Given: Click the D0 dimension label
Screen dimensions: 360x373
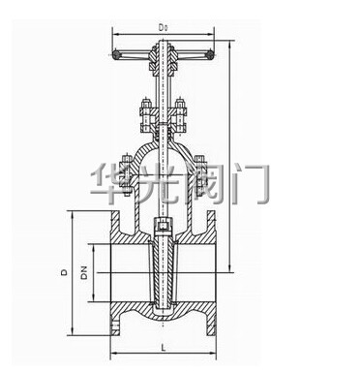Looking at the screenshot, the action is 163,28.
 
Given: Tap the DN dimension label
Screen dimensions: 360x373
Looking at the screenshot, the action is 84,272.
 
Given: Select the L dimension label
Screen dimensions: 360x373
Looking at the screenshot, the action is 164,348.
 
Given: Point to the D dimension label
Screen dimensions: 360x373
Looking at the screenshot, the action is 65,272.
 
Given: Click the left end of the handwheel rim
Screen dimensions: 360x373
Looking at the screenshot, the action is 115,54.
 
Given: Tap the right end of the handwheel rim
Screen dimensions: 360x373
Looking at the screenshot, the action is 210,54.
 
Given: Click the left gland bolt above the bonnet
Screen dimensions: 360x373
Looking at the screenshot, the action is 146,115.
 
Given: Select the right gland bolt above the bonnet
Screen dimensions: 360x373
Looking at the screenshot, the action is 179,115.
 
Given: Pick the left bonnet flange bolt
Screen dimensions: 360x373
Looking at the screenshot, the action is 126,176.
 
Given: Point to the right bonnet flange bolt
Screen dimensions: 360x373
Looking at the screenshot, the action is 200,176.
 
